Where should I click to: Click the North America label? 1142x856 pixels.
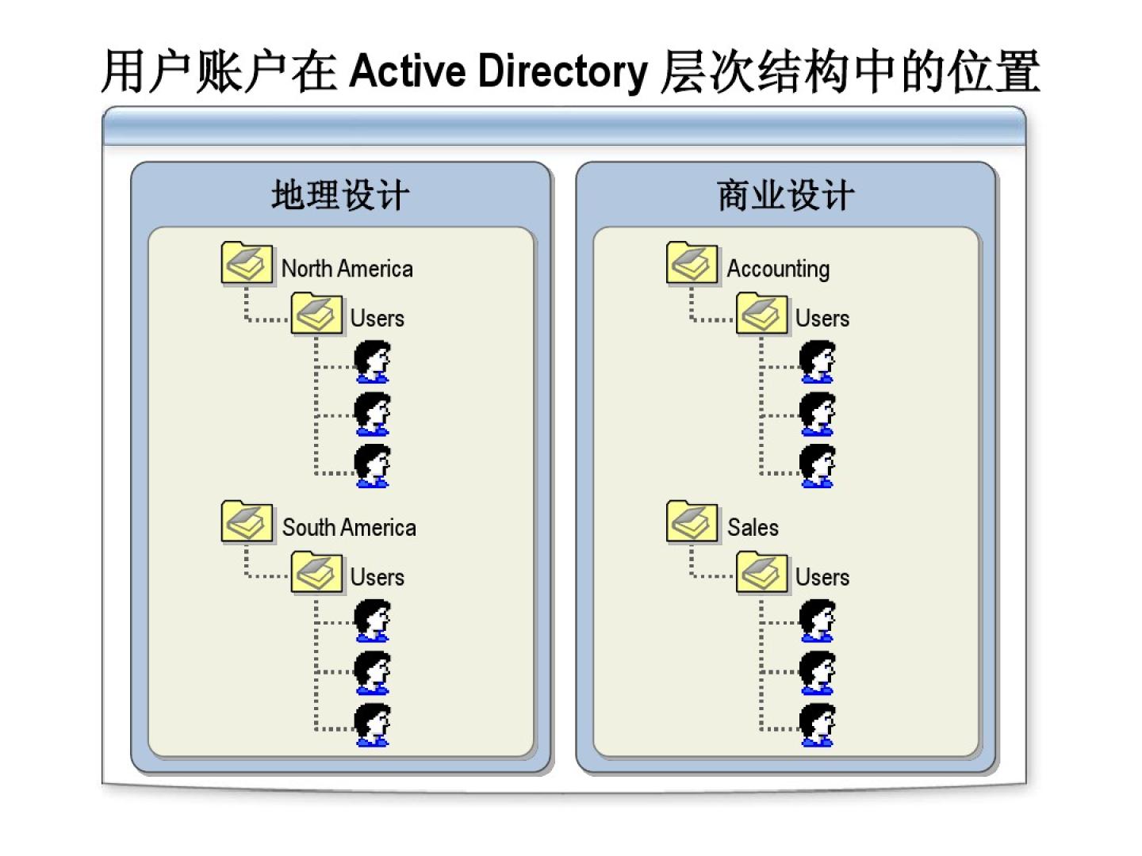point(347,269)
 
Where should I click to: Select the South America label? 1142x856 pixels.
point(349,528)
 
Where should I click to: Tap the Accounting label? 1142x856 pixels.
point(778,269)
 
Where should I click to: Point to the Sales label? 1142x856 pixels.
point(753,528)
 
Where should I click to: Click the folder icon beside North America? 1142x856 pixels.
point(247,264)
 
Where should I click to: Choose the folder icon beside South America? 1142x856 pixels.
point(247,522)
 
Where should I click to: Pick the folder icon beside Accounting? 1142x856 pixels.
point(692,264)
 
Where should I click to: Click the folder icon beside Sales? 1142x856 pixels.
point(692,522)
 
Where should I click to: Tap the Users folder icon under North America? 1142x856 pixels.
point(316,314)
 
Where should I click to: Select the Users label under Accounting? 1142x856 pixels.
point(822,319)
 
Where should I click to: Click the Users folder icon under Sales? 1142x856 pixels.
point(761,573)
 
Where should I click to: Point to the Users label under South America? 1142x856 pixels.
point(377,578)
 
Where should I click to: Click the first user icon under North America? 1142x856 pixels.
point(372,361)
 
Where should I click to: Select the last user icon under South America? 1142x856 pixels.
point(372,724)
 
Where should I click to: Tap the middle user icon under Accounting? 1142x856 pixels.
point(817,414)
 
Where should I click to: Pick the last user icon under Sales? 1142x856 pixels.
point(817,724)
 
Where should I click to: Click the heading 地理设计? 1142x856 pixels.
point(340,195)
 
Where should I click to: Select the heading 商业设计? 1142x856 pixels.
point(786,195)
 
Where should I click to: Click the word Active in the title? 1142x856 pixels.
point(407,71)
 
